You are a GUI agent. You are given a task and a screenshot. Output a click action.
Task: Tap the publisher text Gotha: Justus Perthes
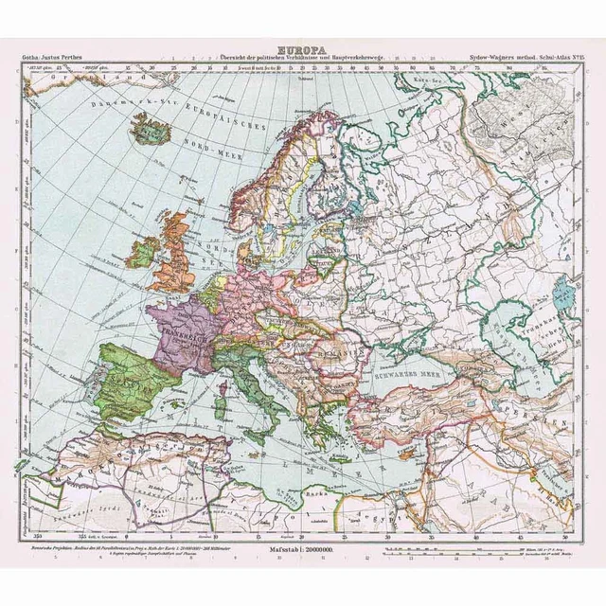click(52, 58)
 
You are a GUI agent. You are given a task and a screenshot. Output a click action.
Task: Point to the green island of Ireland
click(144, 252)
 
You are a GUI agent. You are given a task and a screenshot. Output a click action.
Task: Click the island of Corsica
click(222, 382)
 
